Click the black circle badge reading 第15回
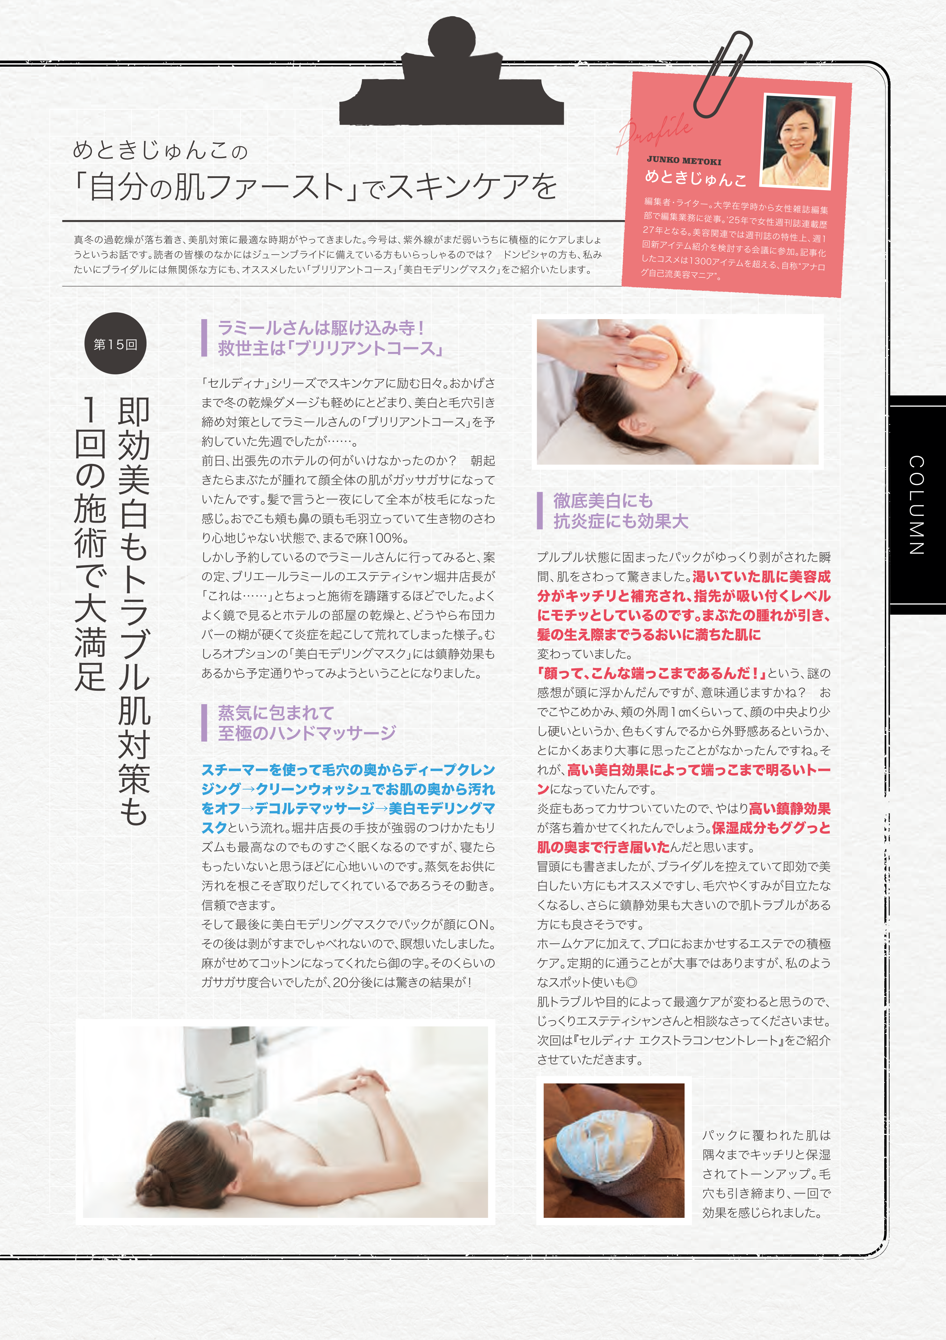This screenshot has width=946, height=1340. [116, 344]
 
